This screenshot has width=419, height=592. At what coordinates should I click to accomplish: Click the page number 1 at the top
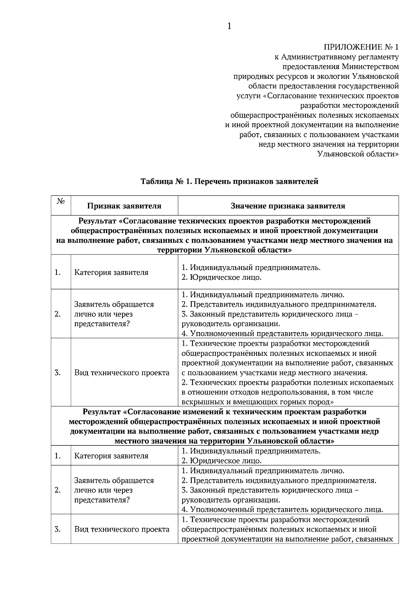pos(229,26)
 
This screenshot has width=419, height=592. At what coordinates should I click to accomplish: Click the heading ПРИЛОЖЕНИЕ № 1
pos(361,47)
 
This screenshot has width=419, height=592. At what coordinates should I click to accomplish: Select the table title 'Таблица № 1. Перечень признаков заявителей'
pos(229,181)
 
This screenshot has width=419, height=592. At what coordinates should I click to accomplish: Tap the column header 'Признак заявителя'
pos(124,206)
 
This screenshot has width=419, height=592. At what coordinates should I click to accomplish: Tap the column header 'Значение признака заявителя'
pos(288,206)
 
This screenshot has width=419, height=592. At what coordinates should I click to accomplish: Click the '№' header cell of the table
pos(60,202)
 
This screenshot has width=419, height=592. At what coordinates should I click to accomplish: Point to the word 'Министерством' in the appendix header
pos(370,66)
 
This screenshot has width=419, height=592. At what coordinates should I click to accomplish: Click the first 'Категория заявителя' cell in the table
pos(111,272)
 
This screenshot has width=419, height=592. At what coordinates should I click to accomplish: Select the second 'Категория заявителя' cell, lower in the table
pos(111,456)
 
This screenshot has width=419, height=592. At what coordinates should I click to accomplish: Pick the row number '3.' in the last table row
pos(58,529)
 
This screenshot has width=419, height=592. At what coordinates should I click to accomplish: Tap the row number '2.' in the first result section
pos(58,314)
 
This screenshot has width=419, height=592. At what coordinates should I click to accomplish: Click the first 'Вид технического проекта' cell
pos(122,373)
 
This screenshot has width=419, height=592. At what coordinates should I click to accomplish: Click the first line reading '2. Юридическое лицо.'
pos(221,278)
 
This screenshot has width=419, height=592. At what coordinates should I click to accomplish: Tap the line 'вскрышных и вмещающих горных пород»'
pos(257,402)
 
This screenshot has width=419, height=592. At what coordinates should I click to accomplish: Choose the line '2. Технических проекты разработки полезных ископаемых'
pos(287,382)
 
